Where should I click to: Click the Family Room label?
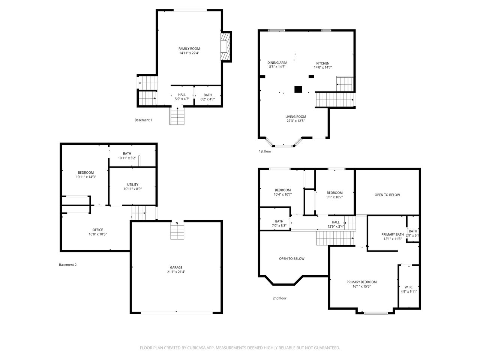click(189, 49)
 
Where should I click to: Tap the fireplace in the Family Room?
click(225, 46)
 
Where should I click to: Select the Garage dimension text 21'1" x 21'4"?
click(176, 272)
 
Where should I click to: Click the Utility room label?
click(132, 184)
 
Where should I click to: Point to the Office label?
click(97, 230)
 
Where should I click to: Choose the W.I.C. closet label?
click(409, 287)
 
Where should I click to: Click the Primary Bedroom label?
click(361, 282)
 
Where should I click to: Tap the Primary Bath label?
click(393, 234)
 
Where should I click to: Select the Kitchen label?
click(323, 63)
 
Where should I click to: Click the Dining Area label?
click(277, 63)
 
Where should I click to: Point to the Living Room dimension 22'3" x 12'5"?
click(295, 121)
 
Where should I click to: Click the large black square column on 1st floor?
click(298, 89)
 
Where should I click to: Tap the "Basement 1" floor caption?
click(143, 120)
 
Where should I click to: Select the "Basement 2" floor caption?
click(68, 265)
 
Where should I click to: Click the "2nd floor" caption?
click(279, 298)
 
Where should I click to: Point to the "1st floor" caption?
click(265, 151)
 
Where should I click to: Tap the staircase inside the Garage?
click(177, 231)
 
